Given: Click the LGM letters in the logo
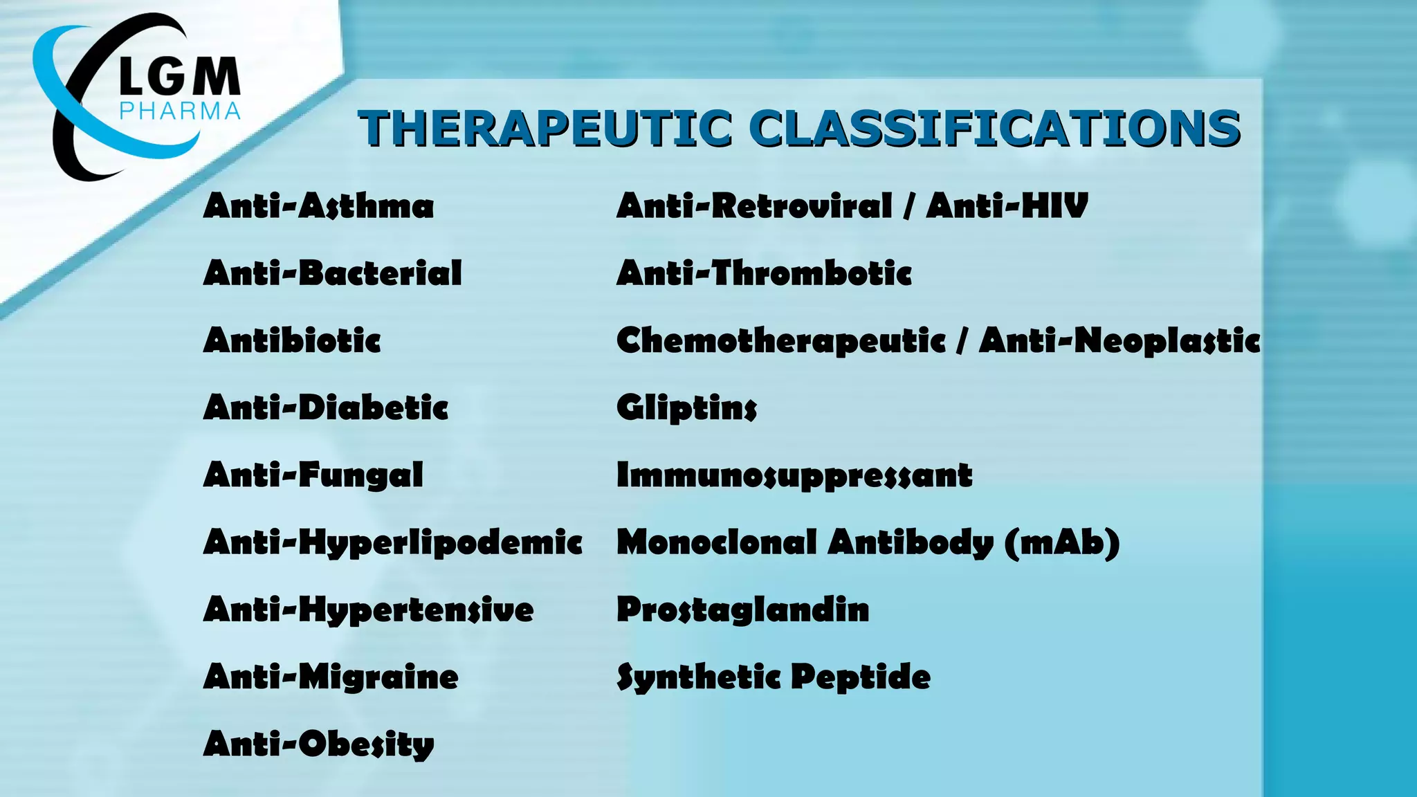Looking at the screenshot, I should [179, 77].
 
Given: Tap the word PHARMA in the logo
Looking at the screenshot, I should [180, 111].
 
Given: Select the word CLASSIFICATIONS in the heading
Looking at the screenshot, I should [994, 129].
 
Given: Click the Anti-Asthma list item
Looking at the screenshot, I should [318, 206].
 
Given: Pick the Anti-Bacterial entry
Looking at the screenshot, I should [332, 273].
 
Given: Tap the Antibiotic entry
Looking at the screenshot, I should [292, 340].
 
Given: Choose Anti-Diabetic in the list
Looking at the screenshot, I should [326, 407].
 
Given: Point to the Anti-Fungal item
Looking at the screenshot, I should [313, 475].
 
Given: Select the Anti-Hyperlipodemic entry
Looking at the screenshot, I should [392, 542].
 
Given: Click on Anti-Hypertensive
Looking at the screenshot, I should [368, 610].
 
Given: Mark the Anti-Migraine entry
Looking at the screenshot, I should [331, 677].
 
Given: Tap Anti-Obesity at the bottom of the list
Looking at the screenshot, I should [318, 744].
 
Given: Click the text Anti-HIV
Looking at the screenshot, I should [1007, 206].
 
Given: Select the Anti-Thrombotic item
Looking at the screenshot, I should [764, 273].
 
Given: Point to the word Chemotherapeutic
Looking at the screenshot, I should [780, 340].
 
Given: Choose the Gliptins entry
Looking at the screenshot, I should [686, 407].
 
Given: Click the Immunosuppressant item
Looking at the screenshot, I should [794, 475].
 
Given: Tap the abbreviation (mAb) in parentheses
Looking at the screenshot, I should [1061, 542].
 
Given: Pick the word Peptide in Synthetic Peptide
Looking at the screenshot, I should [861, 677].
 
